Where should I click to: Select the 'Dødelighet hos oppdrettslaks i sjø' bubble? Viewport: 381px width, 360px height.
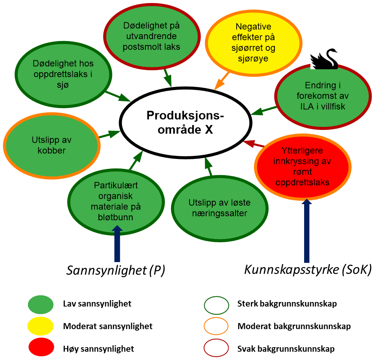pyautogui.click(x=63, y=75)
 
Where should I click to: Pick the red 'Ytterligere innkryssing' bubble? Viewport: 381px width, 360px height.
pyautogui.click(x=303, y=167)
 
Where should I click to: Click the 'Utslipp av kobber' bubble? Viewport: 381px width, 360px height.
pyautogui.click(x=52, y=145)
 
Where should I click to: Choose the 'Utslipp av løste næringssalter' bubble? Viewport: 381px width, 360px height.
pyautogui.click(x=220, y=208)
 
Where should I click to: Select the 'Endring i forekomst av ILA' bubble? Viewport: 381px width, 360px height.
pyautogui.click(x=323, y=96)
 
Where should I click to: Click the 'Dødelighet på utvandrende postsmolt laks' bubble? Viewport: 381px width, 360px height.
pyautogui.click(x=152, y=37)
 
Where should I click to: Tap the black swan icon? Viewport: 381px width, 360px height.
pyautogui.click(x=324, y=59)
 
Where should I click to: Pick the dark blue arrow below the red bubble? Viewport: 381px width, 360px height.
pyautogui.click(x=307, y=230)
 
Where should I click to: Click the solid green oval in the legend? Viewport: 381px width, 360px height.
pyautogui.click(x=41, y=305)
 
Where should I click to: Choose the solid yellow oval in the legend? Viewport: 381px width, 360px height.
pyautogui.click(x=41, y=326)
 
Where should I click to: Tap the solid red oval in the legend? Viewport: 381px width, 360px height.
pyautogui.click(x=41, y=347)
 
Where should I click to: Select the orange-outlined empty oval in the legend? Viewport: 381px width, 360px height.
pyautogui.click(x=216, y=326)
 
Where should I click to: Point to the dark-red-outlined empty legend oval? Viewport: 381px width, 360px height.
pyautogui.click(x=216, y=348)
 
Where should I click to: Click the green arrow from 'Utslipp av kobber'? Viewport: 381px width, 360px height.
pyautogui.click(x=109, y=134)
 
